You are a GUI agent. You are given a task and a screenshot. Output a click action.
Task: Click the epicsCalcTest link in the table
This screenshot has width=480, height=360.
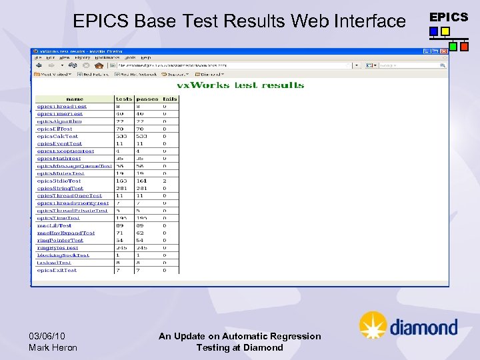pos(57,136)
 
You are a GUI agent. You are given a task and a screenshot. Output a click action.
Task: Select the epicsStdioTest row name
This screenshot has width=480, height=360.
pos(59,181)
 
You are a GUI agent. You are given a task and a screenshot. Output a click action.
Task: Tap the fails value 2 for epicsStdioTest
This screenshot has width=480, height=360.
pos(165,181)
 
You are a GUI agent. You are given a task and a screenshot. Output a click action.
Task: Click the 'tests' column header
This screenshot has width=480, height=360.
pos(124,99)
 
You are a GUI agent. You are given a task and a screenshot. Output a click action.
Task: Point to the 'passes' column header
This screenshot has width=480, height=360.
pos(147,99)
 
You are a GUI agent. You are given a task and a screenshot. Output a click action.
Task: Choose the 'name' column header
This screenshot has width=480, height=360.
pos(75,99)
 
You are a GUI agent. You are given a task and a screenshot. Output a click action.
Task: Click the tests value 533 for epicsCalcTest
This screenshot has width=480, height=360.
pos(122,136)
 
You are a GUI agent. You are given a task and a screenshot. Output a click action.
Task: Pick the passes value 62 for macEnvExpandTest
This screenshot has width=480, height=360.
pos(140,233)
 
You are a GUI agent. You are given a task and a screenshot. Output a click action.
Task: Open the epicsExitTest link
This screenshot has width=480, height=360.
pos(57,270)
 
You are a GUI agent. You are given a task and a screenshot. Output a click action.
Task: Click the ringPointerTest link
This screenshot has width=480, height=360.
pos(60,241)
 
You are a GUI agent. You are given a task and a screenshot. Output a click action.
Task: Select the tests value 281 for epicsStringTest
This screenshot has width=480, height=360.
pos(122,188)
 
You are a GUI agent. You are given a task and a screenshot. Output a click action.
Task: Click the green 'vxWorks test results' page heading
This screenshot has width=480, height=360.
pos(240,85)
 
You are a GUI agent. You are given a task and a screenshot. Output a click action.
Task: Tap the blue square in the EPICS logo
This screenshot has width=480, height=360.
pos(434,31)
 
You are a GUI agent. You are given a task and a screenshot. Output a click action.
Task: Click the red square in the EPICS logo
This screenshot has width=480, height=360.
pos(464,47)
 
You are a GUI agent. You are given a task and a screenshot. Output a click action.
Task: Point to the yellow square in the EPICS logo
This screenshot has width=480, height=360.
pos(445,31)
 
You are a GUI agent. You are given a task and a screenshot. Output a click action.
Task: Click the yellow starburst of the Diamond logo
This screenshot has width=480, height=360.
pos(373,325)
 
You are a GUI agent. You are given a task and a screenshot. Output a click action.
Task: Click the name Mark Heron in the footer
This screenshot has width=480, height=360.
pos(53,347)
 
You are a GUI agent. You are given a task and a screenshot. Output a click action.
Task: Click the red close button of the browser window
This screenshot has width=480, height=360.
pos(445,51)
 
